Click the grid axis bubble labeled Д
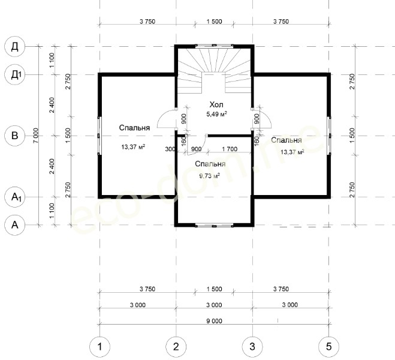pos(15,47)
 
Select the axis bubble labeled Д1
pos(15,74)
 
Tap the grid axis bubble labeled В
pos(15,136)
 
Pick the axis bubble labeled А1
pos(15,197)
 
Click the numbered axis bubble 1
pos(99,347)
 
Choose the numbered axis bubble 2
pos(176,347)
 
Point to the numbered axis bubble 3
pos(252,347)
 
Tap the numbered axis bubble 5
pos(328,347)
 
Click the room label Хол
pos(216,104)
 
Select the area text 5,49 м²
pos(216,114)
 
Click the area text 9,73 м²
pos(210,175)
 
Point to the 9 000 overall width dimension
pos(215,321)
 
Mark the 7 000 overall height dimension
pos(36,136)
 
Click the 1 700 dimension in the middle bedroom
pos(230,149)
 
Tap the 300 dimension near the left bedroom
pos(170,149)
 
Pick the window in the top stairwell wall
pos(214,46)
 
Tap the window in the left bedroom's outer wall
pos(99,136)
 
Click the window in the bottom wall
pos(214,226)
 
